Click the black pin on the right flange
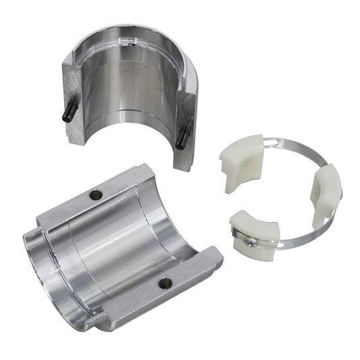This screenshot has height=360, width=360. [181, 138]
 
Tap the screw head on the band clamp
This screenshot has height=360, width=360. [251, 240]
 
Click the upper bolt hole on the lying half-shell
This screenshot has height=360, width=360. [96, 195]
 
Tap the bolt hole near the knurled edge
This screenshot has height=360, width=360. [165, 283]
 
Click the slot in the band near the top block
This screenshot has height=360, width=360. [272, 143]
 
